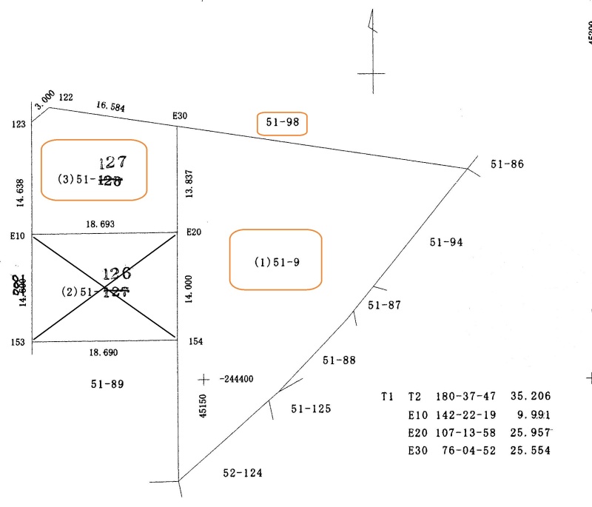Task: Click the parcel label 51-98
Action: tap(282, 123)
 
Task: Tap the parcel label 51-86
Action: tap(507, 164)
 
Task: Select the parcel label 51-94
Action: tap(446, 241)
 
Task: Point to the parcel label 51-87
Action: tap(384, 305)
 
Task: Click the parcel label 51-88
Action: tap(339, 360)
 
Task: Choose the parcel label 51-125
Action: tap(311, 409)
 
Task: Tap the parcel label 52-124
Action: tap(243, 473)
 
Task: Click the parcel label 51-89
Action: tap(107, 384)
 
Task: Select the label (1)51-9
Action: tap(277, 262)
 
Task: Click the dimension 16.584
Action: tap(110, 107)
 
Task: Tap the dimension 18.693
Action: tap(101, 224)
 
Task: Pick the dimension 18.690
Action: tap(101, 353)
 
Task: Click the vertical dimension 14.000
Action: tap(190, 289)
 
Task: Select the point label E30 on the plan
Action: tap(181, 115)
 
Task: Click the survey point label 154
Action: tap(196, 342)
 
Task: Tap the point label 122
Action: tap(66, 98)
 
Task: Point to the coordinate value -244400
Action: tap(237, 380)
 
